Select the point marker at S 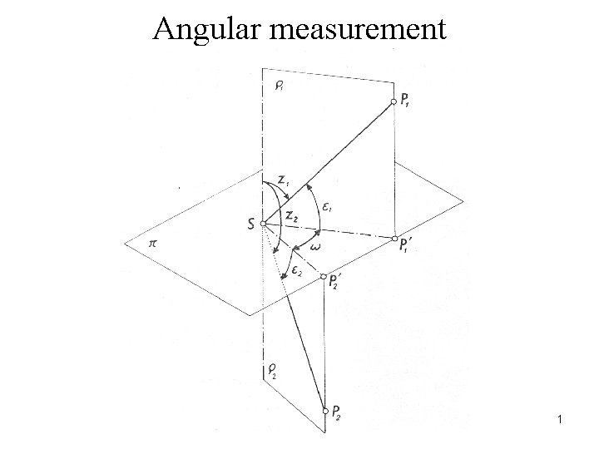tap(263, 224)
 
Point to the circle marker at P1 tap(394, 101)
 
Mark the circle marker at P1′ tap(394, 239)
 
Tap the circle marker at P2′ tap(324, 278)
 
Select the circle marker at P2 tap(324, 410)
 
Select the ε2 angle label tap(297, 273)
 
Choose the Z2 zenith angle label tap(291, 215)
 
